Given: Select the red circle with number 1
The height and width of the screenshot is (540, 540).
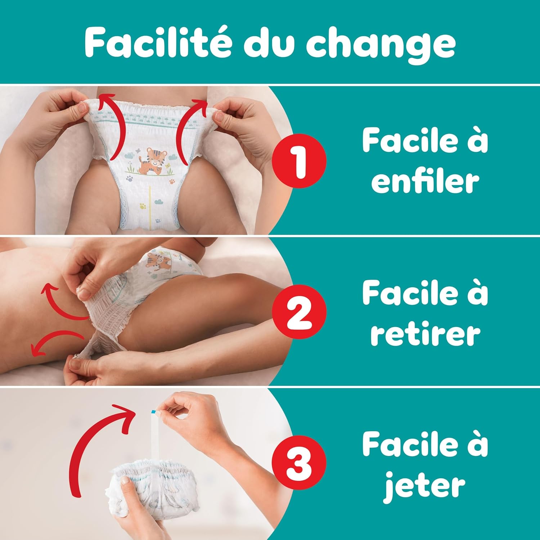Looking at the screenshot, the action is point(299,161).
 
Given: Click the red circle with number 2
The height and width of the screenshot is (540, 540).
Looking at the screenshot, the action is point(299,311).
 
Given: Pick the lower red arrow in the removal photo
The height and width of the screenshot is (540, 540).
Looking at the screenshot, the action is point(54,340).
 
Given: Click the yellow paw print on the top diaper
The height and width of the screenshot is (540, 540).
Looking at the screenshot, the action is point(143,207).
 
